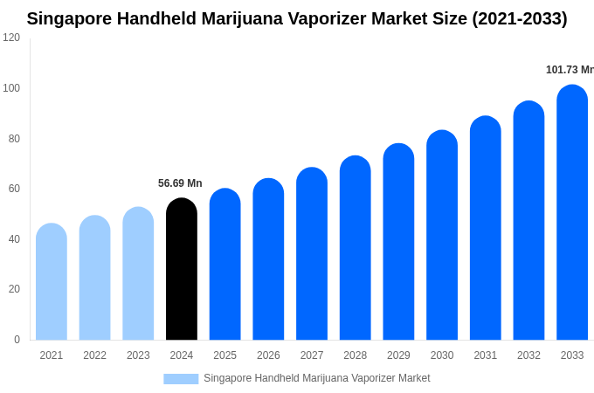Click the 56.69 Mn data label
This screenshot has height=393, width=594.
point(180,183)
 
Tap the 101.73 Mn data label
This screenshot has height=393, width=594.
point(570,70)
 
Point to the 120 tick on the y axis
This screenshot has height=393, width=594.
point(11,38)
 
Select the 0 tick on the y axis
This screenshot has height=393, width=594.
point(17,340)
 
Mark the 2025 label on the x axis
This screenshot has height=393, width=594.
point(224,355)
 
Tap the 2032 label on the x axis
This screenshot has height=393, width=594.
point(528,355)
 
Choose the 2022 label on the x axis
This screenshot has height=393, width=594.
point(94,355)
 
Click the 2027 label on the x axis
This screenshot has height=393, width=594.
point(312,355)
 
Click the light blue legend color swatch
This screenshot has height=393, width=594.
point(181,378)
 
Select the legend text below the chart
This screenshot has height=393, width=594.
point(316,378)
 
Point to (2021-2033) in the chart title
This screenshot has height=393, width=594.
point(519,18)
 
